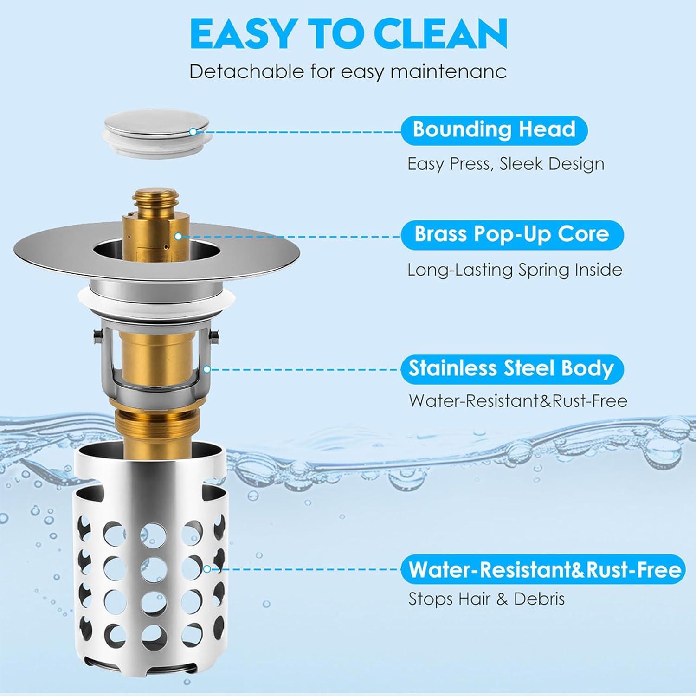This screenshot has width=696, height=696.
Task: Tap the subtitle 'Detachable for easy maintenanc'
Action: coord(348,72)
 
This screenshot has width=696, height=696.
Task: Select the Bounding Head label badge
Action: coord(494,129)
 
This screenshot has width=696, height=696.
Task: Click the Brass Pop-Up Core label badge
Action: coord(511,234)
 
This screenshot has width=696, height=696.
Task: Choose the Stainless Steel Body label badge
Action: coord(511,368)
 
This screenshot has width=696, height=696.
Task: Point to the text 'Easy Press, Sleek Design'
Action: coord(506,164)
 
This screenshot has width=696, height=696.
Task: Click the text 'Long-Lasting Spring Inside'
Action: coord(515,270)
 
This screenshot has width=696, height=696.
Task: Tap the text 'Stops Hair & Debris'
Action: coord(486,599)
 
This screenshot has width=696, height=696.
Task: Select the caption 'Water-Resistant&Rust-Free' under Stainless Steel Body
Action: coord(518,400)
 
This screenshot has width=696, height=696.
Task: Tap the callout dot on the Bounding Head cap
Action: coord(193,132)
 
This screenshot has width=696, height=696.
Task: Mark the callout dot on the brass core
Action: coord(178,236)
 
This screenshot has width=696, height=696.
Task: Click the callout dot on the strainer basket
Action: coord(206,569)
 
